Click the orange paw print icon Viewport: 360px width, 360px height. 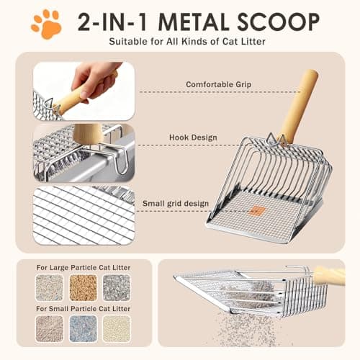click(x=45, y=23)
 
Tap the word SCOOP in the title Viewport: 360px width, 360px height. click(x=277, y=22)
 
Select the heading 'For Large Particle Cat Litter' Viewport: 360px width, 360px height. click(x=84, y=267)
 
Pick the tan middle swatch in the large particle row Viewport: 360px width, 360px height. click(x=83, y=287)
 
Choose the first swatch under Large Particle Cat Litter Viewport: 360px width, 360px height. click(x=50, y=287)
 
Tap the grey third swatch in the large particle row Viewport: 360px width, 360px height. click(x=116, y=287)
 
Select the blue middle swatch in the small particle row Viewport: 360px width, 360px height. click(x=83, y=329)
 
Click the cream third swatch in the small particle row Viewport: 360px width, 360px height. click(x=116, y=329)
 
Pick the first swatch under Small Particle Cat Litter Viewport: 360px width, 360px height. click(x=50, y=329)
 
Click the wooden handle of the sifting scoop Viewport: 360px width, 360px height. click(x=329, y=274)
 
